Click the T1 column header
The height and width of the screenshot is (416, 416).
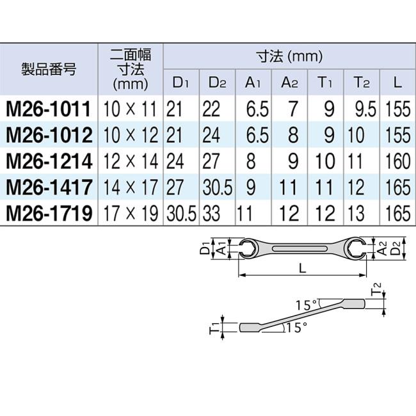pyautogui.click(x=324, y=82)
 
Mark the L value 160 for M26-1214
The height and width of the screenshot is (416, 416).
pyautogui.click(x=398, y=161)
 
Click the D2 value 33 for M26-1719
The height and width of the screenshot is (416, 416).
pyautogui.click(x=212, y=212)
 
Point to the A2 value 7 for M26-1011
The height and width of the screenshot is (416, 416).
pyautogui.click(x=292, y=109)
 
